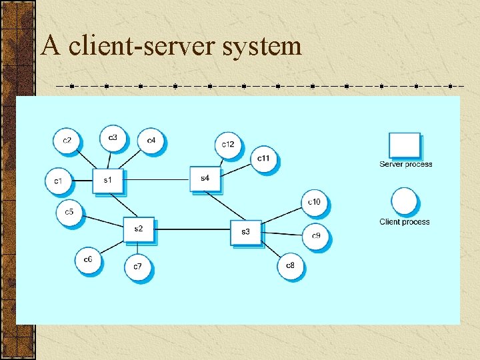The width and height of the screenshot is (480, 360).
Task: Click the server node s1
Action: (x=107, y=180)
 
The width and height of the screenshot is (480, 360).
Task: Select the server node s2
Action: (x=138, y=229)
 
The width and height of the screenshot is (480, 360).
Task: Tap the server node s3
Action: (x=245, y=232)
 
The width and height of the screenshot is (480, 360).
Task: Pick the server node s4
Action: (x=204, y=178)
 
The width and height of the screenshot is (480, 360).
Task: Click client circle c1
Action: (x=59, y=181)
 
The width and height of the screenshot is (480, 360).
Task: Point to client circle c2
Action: (x=67, y=141)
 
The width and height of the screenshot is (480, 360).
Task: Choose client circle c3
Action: (x=113, y=138)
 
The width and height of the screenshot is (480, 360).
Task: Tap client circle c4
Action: (x=151, y=141)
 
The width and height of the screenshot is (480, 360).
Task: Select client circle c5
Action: (x=69, y=213)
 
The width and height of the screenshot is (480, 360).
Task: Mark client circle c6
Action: (x=88, y=260)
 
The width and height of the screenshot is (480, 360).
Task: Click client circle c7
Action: (x=137, y=267)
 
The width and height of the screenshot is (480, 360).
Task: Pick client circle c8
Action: (x=290, y=266)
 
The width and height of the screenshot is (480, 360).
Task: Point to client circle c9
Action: (x=316, y=236)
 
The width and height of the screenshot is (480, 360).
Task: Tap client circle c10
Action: (x=314, y=202)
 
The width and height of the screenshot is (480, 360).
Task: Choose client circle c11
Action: (x=264, y=159)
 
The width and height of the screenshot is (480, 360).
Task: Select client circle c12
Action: (x=228, y=145)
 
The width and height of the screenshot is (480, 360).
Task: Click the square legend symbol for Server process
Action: (x=405, y=145)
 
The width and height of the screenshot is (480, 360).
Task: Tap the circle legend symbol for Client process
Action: (x=405, y=201)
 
